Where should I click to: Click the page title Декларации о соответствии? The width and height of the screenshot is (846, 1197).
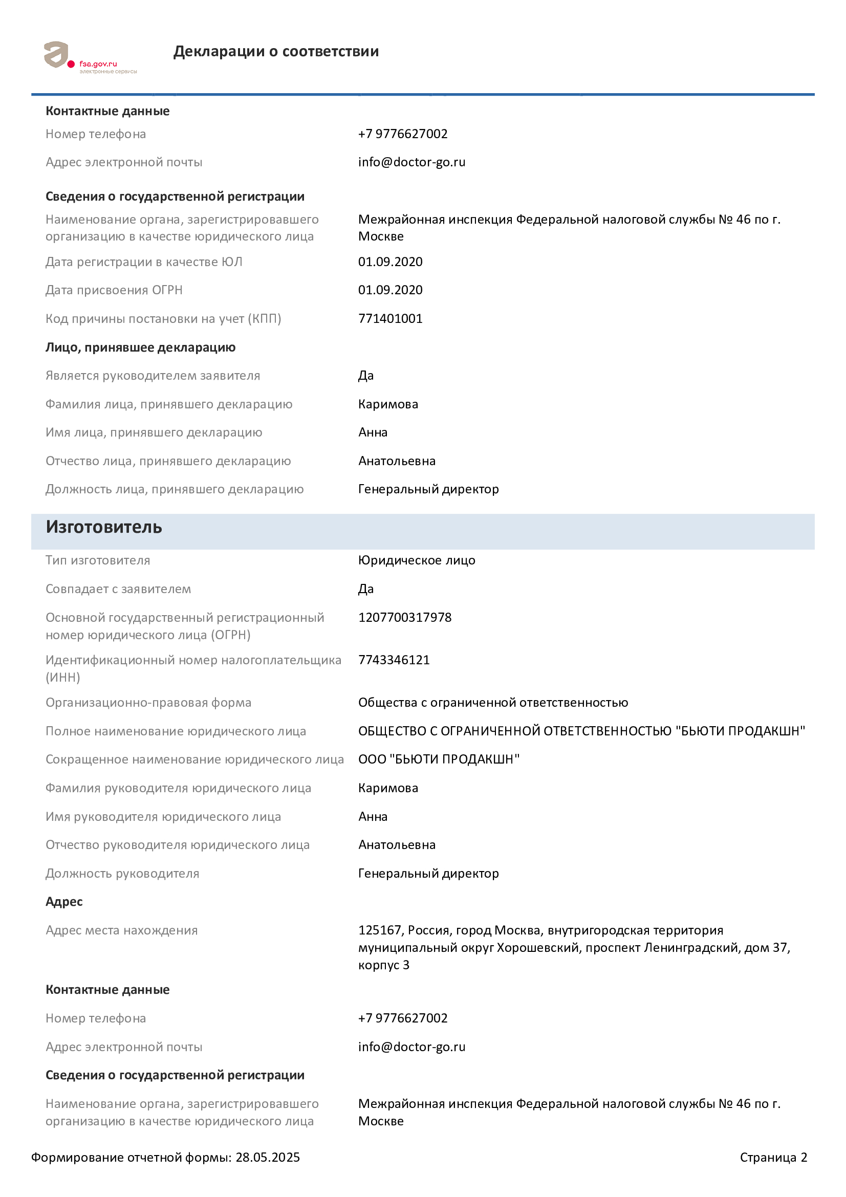tap(276, 51)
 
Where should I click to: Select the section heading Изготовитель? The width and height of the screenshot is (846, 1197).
tap(104, 527)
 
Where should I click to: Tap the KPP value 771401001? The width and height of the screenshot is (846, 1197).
tap(390, 318)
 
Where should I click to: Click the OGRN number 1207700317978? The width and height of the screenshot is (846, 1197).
tap(404, 617)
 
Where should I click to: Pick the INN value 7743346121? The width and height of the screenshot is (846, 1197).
tap(394, 660)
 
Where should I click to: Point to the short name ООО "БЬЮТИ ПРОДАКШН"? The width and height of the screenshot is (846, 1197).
tap(439, 759)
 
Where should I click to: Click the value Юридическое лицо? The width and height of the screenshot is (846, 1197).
tap(417, 560)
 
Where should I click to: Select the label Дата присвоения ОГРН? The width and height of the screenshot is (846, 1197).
tap(114, 290)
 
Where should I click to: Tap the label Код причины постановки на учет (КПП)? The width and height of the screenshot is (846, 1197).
tap(163, 318)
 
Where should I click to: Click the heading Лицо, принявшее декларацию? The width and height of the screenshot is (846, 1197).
tap(140, 347)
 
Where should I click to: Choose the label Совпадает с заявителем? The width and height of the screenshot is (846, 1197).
tap(118, 589)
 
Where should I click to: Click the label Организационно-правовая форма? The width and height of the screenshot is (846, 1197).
tap(148, 703)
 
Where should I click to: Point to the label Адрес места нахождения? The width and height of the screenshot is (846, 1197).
tap(121, 930)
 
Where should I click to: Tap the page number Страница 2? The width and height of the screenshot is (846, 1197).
tap(773, 1158)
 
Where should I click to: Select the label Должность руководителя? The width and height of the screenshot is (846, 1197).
tap(122, 874)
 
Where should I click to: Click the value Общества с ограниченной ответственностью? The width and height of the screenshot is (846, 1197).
tap(492, 703)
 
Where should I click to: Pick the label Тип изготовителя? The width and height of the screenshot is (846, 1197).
tap(97, 560)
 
